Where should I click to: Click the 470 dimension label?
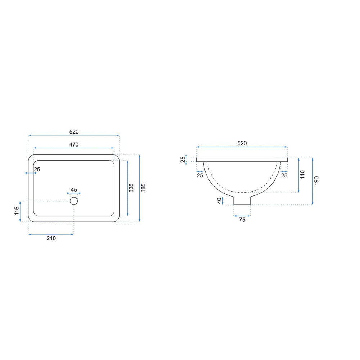tap(74, 144)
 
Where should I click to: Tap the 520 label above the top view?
tap(74, 132)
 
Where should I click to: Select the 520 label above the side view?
tap(242, 143)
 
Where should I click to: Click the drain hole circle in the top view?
tap(74, 201)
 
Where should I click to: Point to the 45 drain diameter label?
tap(74, 190)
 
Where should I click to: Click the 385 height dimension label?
tap(143, 188)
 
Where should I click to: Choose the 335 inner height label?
tap(131, 188)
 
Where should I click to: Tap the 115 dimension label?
tap(17, 211)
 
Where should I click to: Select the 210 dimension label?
tap(51, 238)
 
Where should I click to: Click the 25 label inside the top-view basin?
tap(37, 170)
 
